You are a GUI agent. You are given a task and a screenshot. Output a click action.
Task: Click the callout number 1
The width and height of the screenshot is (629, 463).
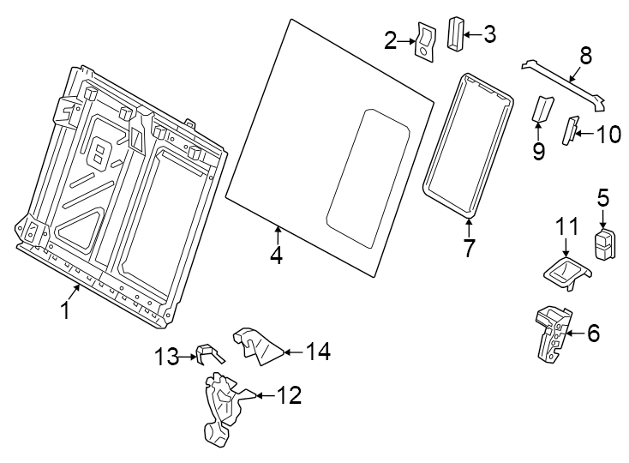click(x=64, y=310)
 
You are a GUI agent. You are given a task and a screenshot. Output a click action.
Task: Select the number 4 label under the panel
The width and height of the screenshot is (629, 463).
click(x=275, y=255)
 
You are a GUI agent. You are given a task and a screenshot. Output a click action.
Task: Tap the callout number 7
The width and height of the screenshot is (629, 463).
click(x=469, y=249)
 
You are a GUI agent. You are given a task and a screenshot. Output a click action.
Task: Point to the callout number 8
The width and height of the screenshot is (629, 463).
click(x=586, y=56)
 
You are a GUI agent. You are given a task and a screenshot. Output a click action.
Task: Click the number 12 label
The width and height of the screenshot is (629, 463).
click(x=290, y=395)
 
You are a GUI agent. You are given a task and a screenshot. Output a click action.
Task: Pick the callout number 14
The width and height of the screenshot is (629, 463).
click(x=318, y=351)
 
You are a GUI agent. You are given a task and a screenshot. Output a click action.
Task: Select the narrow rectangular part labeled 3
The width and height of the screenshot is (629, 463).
click(x=454, y=34)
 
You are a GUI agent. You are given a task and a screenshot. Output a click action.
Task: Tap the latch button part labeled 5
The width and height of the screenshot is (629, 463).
click(x=605, y=244)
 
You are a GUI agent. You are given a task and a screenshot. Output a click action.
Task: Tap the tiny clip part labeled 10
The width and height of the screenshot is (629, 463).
click(x=568, y=132)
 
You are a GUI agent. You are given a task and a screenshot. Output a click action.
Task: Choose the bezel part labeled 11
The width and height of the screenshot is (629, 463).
click(x=566, y=273)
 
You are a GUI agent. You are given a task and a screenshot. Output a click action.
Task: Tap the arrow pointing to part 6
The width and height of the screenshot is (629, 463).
click(x=572, y=334)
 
